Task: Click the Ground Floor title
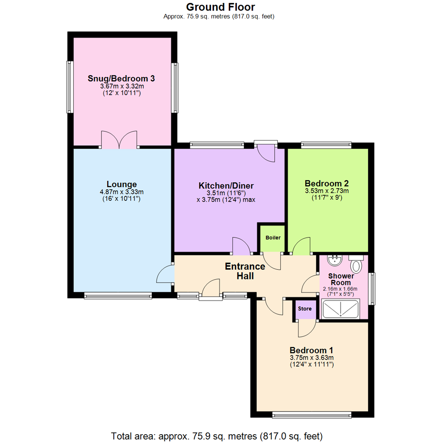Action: pyautogui.click(x=221, y=7)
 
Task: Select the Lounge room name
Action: pyautogui.click(x=122, y=184)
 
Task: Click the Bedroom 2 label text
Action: pyautogui.click(x=326, y=183)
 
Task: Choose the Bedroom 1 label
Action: pyautogui.click(x=311, y=350)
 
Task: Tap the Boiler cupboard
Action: pyautogui.click(x=273, y=238)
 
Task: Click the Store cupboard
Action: pyautogui.click(x=304, y=309)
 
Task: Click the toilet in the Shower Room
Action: pyautogui.click(x=356, y=266)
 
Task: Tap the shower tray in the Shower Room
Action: pyautogui.click(x=341, y=309)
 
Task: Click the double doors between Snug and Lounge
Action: pyautogui.click(x=119, y=140)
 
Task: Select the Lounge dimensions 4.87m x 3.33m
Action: pyautogui.click(x=122, y=192)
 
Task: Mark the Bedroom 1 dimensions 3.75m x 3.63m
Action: pyautogui.click(x=311, y=358)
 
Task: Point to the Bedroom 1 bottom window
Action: pyautogui.click(x=311, y=415)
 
